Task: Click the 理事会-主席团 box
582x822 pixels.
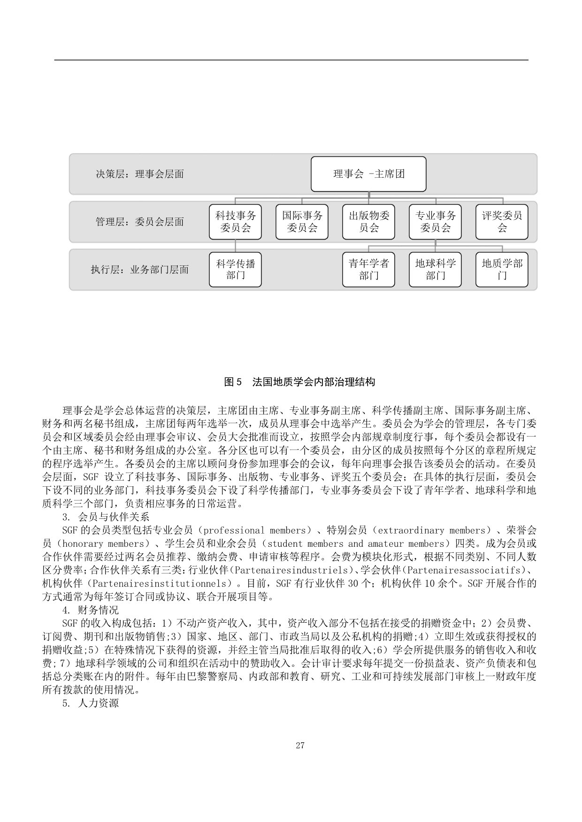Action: point(368,174)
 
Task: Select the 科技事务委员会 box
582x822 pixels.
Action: point(235,222)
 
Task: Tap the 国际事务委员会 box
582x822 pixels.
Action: point(302,222)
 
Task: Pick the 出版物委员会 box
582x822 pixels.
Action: point(368,222)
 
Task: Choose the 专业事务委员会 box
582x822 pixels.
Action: point(435,222)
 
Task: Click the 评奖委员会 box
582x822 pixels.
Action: point(502,222)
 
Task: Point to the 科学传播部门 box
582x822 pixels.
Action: point(235,270)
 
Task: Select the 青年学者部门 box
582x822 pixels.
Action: point(368,270)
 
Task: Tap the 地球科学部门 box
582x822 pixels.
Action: point(435,270)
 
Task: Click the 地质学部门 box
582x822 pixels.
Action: point(502,270)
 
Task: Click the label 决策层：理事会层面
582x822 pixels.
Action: point(139,174)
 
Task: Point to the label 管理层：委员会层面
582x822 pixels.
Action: point(139,222)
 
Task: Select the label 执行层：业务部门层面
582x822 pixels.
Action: point(139,270)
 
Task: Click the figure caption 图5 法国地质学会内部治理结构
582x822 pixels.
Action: point(299,382)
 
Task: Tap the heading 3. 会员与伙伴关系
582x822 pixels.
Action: point(106,517)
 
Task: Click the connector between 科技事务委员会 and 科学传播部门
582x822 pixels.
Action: point(235,246)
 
